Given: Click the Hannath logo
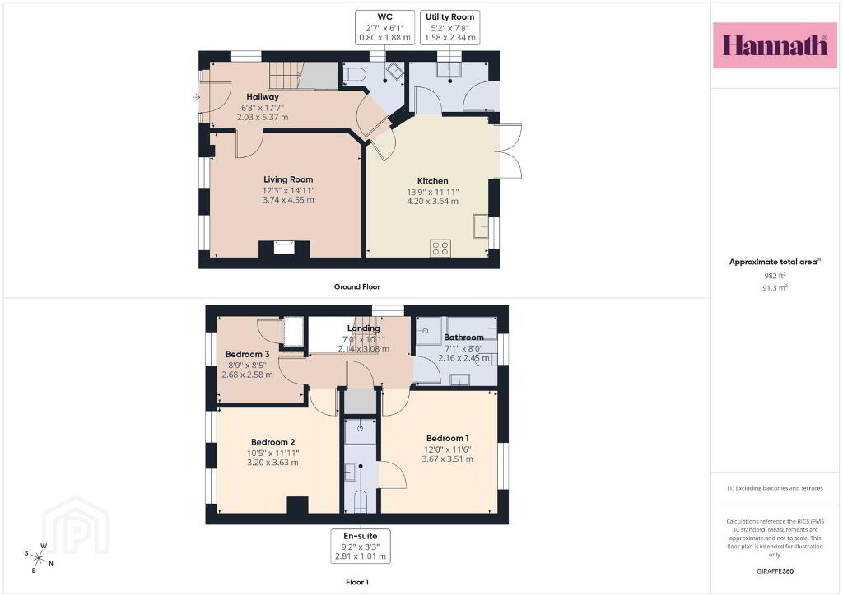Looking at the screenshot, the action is tap(775, 45).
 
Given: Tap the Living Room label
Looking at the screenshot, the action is tap(288, 179).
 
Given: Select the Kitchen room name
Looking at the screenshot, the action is tap(433, 181).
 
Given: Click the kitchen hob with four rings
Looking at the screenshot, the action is tap(440, 249).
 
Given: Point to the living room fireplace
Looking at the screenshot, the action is tap(284, 248).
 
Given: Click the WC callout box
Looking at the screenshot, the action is tap(385, 27).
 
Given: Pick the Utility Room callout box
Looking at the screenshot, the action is tap(450, 27).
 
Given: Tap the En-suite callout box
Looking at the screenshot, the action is tap(361, 546).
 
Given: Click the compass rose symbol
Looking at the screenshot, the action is tap(38, 557).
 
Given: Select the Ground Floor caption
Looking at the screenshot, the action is tap(357, 287).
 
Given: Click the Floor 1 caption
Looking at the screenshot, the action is tap(357, 582).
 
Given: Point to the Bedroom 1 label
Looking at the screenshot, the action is tap(447, 439).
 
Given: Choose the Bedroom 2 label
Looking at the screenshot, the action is tap(273, 442).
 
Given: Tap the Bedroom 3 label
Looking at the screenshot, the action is tap(247, 354).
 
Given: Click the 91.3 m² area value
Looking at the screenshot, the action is tap(775, 287).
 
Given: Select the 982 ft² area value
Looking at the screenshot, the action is tap(775, 276).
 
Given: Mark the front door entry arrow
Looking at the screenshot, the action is tap(196, 97).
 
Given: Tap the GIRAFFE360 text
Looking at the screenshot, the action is tap(775, 571).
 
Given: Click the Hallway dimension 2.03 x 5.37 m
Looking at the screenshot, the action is tap(263, 117).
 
